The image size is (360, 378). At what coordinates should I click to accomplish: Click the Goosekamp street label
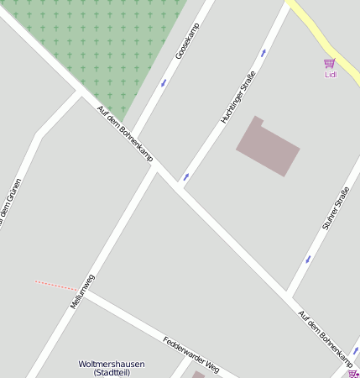click(189, 41)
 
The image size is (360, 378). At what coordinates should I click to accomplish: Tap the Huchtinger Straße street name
click(237, 97)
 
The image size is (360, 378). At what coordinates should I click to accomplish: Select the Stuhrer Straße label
click(335, 209)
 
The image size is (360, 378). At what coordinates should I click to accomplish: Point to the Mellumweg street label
click(82, 291)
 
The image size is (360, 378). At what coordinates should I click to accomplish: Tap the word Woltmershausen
click(112, 364)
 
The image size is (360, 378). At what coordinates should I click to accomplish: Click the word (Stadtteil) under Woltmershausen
click(112, 372)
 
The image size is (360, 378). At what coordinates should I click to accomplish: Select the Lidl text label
click(330, 74)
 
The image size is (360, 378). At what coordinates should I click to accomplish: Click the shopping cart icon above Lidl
click(329, 63)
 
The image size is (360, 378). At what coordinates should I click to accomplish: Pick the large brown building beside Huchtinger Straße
click(268, 147)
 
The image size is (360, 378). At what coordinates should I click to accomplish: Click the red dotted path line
click(56, 285)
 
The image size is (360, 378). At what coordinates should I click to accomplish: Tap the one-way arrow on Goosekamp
click(164, 82)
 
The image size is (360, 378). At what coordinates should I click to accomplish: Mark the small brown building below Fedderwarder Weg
click(199, 375)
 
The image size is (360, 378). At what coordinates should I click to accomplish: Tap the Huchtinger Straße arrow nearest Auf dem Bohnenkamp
click(186, 176)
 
